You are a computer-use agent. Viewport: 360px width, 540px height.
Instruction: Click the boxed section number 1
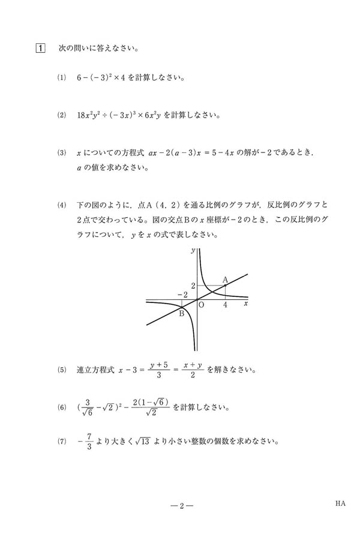pos(40,47)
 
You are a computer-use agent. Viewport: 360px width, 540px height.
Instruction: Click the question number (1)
pos(61,78)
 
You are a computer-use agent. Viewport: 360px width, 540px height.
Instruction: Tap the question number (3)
pos(61,153)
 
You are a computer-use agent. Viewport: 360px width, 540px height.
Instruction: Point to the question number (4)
pos(61,205)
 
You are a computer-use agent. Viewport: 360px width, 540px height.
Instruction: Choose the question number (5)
pos(61,370)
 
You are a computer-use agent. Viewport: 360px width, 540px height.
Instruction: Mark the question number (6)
pos(61,407)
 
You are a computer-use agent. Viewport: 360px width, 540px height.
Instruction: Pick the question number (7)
pos(61,443)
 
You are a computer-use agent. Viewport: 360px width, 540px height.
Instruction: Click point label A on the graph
pos(225,280)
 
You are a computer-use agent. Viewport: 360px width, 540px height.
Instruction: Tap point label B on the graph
pos(181,312)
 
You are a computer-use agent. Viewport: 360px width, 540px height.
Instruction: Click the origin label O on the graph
pos(202,305)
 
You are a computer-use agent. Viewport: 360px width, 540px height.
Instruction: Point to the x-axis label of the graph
pos(246,304)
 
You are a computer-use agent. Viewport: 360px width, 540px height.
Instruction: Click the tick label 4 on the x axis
pos(225,305)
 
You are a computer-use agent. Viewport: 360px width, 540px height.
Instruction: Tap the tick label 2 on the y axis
pos(193,285)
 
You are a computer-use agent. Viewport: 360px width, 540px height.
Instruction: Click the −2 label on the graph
pos(182,295)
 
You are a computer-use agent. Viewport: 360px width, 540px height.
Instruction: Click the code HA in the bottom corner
pos(340,504)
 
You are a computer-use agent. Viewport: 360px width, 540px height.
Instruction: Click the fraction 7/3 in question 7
pos(88,443)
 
